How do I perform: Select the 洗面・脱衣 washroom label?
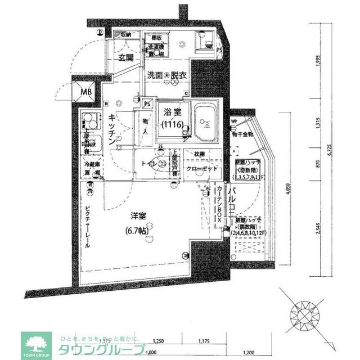[167, 75]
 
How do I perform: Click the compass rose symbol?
[307, 313]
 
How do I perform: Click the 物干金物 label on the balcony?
[242, 135]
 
